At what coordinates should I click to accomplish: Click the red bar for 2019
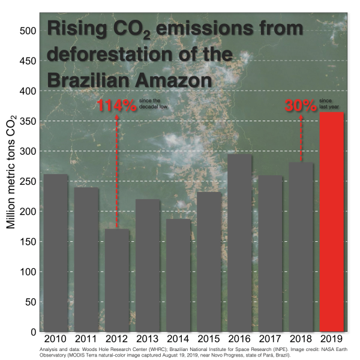pyautogui.click(x=332, y=222)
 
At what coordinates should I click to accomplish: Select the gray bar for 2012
pyautogui.click(x=117, y=280)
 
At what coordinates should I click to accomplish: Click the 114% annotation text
pyautogui.click(x=117, y=107)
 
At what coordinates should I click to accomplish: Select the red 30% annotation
pyautogui.click(x=300, y=107)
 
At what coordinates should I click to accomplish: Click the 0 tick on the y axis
pyautogui.click(x=34, y=332)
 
